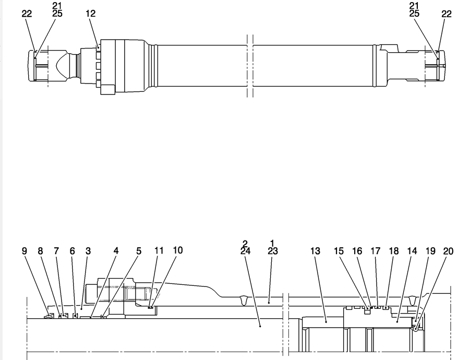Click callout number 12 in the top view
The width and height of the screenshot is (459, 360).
click(x=91, y=14)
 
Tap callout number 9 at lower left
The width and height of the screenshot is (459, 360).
click(x=25, y=251)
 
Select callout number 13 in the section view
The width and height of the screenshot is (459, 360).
click(x=315, y=251)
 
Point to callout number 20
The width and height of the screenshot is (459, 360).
click(x=448, y=251)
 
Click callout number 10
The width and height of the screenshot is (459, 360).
click(x=178, y=250)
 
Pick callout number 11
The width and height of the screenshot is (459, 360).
click(x=159, y=250)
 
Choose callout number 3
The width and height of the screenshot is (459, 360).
click(x=88, y=251)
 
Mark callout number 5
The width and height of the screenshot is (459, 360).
click(x=138, y=251)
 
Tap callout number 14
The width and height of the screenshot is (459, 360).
click(x=412, y=251)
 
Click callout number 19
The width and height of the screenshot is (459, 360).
click(x=430, y=251)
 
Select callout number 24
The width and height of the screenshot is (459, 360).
click(x=245, y=251)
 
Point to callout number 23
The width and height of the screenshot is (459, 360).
click(x=272, y=251)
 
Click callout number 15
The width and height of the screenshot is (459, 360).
click(x=339, y=251)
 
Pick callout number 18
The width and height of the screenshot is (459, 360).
click(x=394, y=251)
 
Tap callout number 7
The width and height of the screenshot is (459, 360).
click(x=56, y=251)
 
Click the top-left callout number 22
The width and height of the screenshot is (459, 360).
click(x=27, y=14)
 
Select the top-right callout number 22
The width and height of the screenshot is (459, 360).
click(x=446, y=14)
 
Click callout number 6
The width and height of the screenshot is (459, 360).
click(x=73, y=251)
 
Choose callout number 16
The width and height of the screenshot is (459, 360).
click(x=357, y=251)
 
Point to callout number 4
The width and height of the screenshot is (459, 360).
click(x=116, y=251)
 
